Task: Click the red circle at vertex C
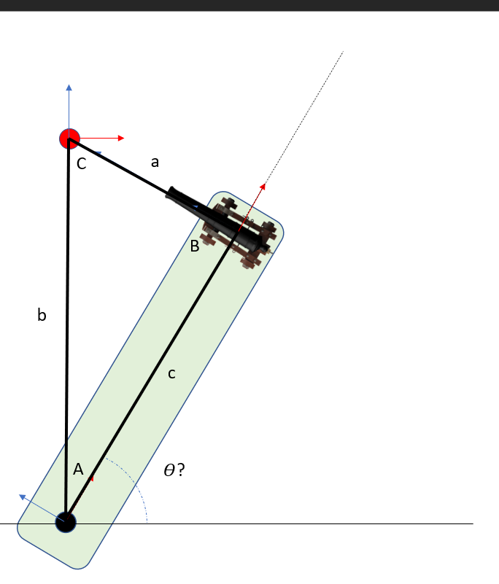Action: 69,138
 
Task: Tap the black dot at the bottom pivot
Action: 66,522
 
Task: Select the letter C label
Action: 82,165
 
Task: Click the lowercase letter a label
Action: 155,163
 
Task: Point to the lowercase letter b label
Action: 42,315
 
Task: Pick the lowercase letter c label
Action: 171,373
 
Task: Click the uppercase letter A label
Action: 79,470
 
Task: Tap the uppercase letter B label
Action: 194,246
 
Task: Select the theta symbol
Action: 169,471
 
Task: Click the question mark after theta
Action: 180,470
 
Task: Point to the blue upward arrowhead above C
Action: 69,88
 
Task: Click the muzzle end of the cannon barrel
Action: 170,193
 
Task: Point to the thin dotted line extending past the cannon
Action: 306,109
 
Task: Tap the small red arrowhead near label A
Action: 93,478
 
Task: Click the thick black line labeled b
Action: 67,328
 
